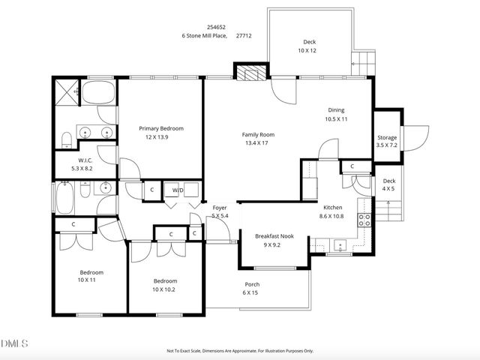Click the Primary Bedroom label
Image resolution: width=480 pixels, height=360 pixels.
[160, 128]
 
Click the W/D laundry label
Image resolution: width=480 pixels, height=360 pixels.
[178, 190]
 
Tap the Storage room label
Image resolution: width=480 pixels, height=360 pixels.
[387, 138]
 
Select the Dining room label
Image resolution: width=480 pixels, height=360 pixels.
[335, 110]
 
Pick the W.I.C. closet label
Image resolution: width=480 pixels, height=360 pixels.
[85, 160]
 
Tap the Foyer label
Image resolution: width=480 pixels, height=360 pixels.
[220, 207]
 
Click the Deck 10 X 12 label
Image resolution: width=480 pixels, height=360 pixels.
[310, 42]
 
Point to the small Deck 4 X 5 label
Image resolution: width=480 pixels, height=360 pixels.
[389, 181]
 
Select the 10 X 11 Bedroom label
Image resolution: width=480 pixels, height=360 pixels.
[91, 272]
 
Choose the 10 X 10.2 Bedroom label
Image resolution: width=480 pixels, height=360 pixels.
[165, 280]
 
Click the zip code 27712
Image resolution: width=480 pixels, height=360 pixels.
[244, 34]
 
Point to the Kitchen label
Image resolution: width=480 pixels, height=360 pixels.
[332, 207]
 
